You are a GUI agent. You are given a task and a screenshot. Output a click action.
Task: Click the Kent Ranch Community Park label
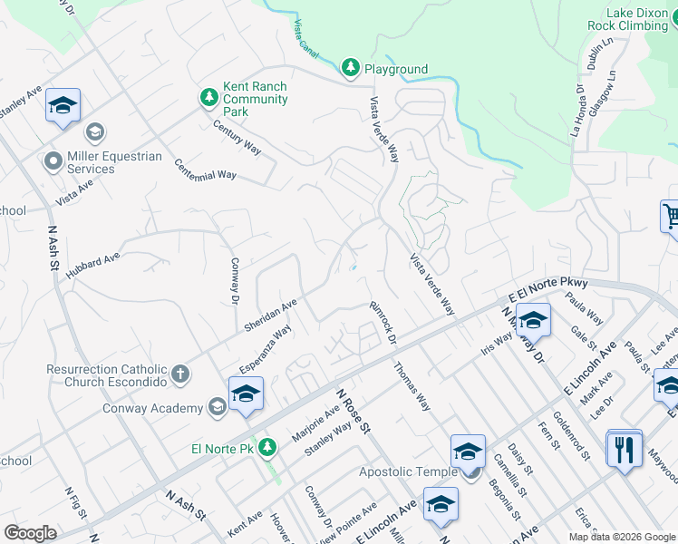tap(255, 99)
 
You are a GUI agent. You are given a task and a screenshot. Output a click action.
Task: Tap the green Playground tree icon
tap(351, 68)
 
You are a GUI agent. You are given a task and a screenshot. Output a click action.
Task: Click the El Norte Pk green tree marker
tap(266, 448)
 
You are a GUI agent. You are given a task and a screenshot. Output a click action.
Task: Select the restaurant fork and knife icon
tap(623, 450)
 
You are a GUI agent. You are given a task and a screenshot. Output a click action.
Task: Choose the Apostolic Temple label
tap(410, 471)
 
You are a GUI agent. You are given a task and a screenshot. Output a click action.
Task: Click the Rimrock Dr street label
tap(383, 324)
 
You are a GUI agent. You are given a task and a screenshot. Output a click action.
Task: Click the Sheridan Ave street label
tap(270, 315)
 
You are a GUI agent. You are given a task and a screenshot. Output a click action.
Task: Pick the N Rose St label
tap(354, 413)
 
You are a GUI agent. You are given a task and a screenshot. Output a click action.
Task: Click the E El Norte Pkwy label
tap(547, 290)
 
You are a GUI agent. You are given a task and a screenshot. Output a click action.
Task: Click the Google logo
tap(30, 533)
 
